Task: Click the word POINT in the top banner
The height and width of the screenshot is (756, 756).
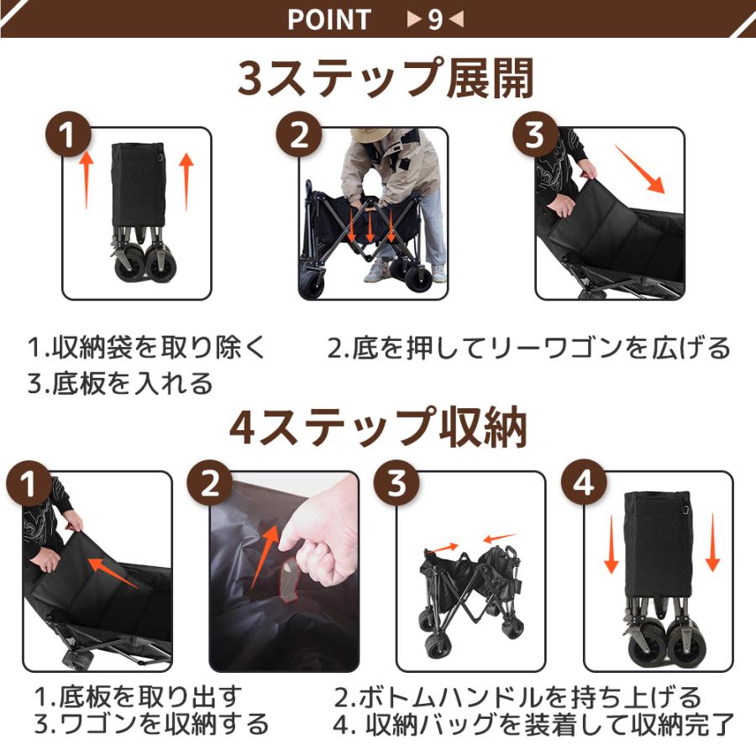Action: (329, 19)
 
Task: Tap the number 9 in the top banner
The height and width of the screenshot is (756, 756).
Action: (435, 19)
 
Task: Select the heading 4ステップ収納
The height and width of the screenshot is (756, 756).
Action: (379, 428)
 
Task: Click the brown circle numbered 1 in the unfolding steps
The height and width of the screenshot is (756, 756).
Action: (69, 135)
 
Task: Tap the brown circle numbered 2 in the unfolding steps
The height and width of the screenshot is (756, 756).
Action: (300, 135)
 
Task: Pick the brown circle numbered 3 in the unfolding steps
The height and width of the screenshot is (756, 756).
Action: (536, 135)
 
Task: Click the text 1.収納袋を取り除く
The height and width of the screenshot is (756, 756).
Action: (146, 348)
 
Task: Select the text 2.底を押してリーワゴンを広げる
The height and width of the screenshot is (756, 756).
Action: (528, 348)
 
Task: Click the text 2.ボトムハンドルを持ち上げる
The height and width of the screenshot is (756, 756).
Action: (517, 696)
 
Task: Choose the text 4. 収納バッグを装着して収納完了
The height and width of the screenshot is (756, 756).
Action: (534, 723)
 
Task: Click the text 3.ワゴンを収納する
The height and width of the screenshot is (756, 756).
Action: (152, 723)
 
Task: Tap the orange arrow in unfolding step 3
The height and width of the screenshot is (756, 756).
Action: (641, 169)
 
